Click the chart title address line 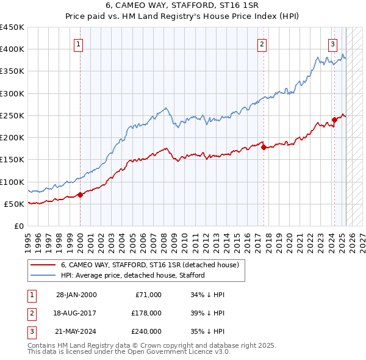pos(182,5)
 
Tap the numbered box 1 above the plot pos(80,43)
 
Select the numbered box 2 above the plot pos(262,43)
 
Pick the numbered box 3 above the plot pos(333,43)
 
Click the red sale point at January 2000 pos(81,195)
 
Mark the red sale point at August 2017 pos(264,147)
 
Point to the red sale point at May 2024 pos(334,120)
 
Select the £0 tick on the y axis pos(18,226)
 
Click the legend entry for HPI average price pos(132,275)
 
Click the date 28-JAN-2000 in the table pos(76,295)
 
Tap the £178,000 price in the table pos(146,313)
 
